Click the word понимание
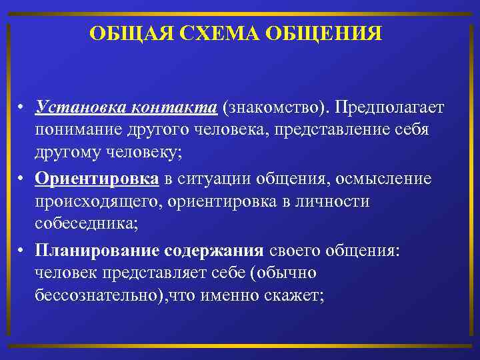tap(76, 129)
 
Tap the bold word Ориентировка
tap(97, 179)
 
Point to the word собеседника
tap(86, 224)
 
